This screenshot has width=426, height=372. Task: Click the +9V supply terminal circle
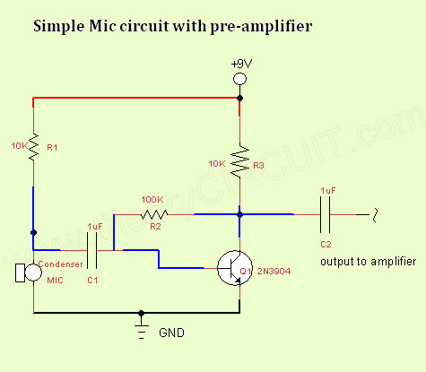(239, 79)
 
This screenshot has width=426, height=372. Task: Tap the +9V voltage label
(241, 64)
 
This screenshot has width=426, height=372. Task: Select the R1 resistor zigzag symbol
(33, 147)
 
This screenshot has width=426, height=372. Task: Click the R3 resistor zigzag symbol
(239, 161)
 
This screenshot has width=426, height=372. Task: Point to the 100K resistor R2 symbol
(154, 214)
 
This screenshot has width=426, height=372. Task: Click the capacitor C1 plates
(91, 250)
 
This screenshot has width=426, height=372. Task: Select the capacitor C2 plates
(325, 214)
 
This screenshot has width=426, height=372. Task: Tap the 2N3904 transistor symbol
(235, 268)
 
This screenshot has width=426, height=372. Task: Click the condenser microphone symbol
(29, 273)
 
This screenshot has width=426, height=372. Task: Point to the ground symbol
(141, 332)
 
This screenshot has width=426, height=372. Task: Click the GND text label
(171, 333)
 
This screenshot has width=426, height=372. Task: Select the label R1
(52, 147)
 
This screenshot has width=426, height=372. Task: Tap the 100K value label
(152, 200)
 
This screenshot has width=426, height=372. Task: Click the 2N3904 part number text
(274, 272)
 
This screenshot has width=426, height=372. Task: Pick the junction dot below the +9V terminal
(239, 98)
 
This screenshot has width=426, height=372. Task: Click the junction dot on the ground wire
(141, 313)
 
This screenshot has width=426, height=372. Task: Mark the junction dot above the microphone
(33, 232)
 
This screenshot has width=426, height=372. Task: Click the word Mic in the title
(102, 26)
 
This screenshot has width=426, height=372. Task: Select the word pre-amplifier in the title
(261, 27)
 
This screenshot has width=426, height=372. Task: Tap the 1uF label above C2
(328, 191)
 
